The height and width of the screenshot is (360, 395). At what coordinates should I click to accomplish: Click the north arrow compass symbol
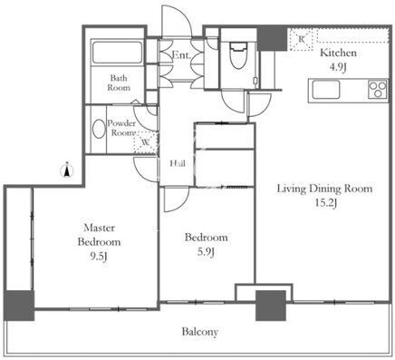pos(68,170)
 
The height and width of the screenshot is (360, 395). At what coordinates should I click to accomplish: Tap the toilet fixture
pos(238,56)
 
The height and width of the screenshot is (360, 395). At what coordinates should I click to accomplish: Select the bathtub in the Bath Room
pos(117,53)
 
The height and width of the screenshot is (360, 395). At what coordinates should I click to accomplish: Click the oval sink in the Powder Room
pos(99,129)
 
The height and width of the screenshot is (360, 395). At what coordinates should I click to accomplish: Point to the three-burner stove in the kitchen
pos(378,90)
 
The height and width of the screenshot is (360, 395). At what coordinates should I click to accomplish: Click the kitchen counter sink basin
pos(326,90)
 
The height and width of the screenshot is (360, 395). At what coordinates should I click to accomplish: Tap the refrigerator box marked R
pos(301,39)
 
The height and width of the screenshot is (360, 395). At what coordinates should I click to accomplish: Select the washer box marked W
pos(146,142)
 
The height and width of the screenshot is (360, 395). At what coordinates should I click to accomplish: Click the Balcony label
pos(200,332)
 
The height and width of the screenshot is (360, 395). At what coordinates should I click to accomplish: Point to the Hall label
pos(178,163)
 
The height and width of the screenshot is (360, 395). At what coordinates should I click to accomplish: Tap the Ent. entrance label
pos(181,55)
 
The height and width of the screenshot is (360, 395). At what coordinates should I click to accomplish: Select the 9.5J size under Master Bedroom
pos(100,257)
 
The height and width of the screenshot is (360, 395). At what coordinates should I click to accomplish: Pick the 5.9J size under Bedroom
pos(206,252)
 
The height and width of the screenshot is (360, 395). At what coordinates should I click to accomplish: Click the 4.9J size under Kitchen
pos(338,67)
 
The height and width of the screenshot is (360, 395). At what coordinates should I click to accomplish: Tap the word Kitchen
pos(338,53)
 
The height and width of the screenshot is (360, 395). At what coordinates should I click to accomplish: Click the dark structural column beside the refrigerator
pos(272,39)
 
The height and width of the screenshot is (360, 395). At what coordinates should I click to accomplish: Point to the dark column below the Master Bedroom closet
pos(19,306)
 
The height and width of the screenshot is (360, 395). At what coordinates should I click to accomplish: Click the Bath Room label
pos(119,83)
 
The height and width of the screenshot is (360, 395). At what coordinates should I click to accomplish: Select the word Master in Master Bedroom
pos(99,228)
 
